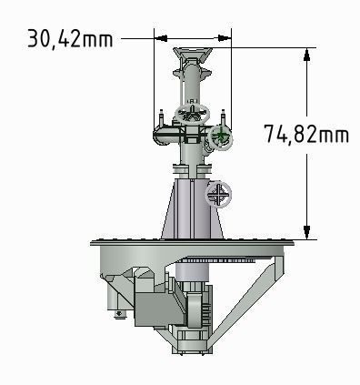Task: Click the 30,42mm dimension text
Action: (68, 38)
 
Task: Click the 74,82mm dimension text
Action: (306, 134)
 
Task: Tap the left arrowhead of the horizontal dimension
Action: (160, 38)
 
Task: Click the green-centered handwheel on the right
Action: (220, 137)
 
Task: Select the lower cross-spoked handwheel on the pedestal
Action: (219, 193)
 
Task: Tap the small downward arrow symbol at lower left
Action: (119, 316)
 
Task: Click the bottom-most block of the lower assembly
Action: (193, 344)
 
